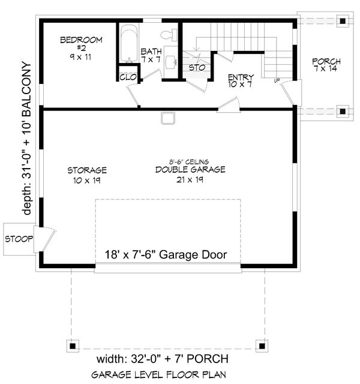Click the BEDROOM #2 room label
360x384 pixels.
click(x=81, y=48)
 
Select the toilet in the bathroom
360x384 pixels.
click(x=169, y=35)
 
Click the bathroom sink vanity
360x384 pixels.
click(x=170, y=61)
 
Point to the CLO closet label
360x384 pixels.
click(x=128, y=77)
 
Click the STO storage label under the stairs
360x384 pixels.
click(x=197, y=67)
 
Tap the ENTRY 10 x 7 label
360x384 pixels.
click(x=241, y=81)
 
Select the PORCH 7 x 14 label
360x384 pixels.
click(x=326, y=65)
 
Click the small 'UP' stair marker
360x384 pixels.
click(x=277, y=80)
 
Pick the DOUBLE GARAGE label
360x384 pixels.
click(x=190, y=169)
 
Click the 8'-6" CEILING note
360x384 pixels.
click(x=189, y=161)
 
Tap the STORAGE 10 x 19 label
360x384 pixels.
click(x=87, y=175)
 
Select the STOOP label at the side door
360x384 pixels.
click(x=19, y=239)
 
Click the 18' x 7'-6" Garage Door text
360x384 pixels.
click(x=166, y=254)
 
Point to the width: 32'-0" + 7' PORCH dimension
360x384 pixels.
click(x=163, y=359)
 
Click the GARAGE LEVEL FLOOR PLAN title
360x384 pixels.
click(x=158, y=374)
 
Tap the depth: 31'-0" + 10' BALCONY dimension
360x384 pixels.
click(x=27, y=139)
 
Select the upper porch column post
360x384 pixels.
click(x=343, y=21)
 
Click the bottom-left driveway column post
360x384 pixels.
click(x=73, y=346)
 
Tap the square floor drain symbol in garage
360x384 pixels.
click(x=168, y=118)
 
